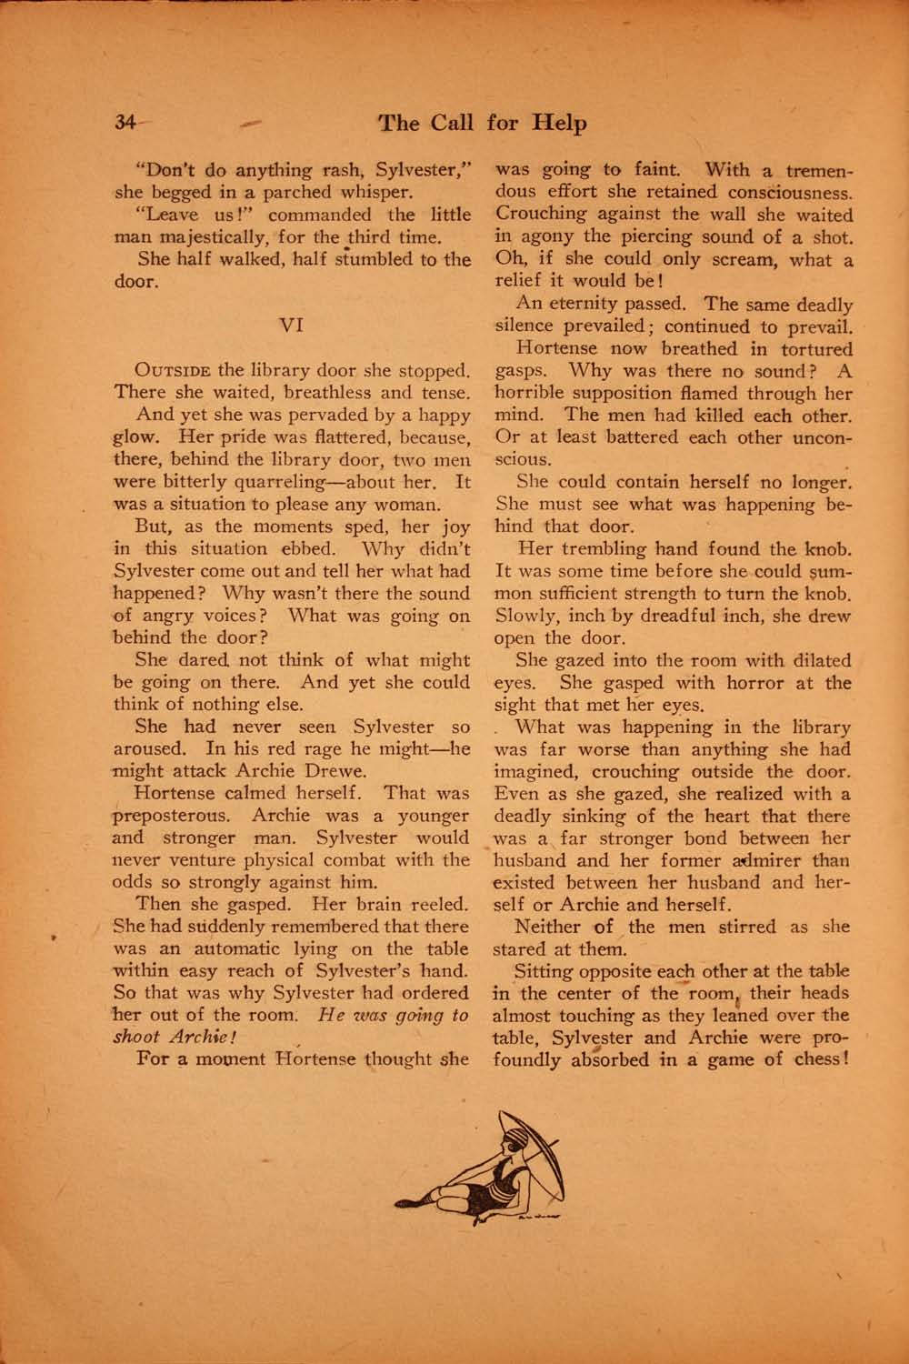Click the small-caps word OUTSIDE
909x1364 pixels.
[x=173, y=371]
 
